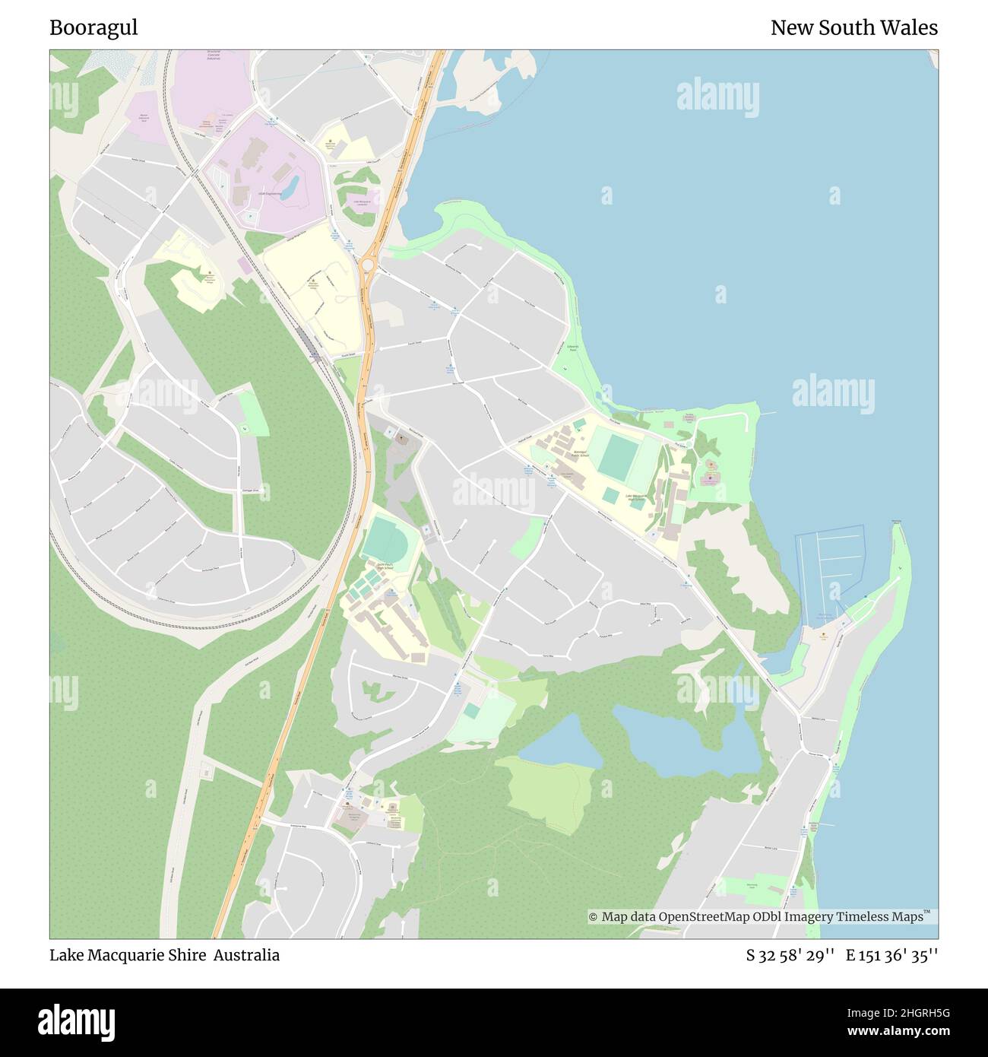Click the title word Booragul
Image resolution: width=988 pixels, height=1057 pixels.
point(93,28)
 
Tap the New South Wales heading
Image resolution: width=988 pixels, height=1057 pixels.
point(853,28)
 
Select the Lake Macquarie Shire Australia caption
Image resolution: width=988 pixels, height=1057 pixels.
point(164,955)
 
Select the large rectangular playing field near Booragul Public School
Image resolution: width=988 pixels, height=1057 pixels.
point(617,455)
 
